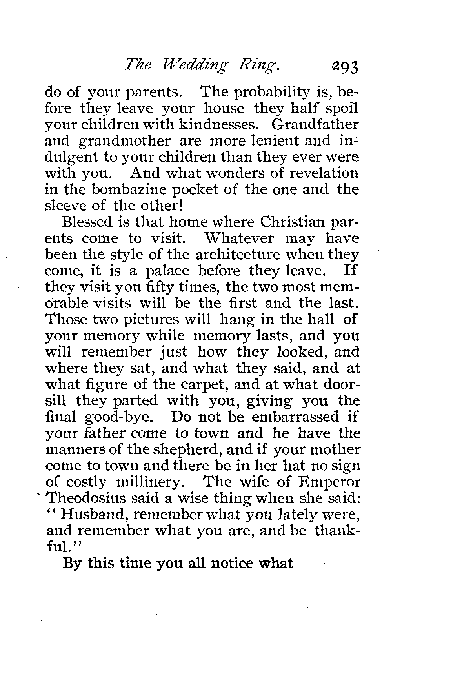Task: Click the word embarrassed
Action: pyautogui.click(x=295, y=417)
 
